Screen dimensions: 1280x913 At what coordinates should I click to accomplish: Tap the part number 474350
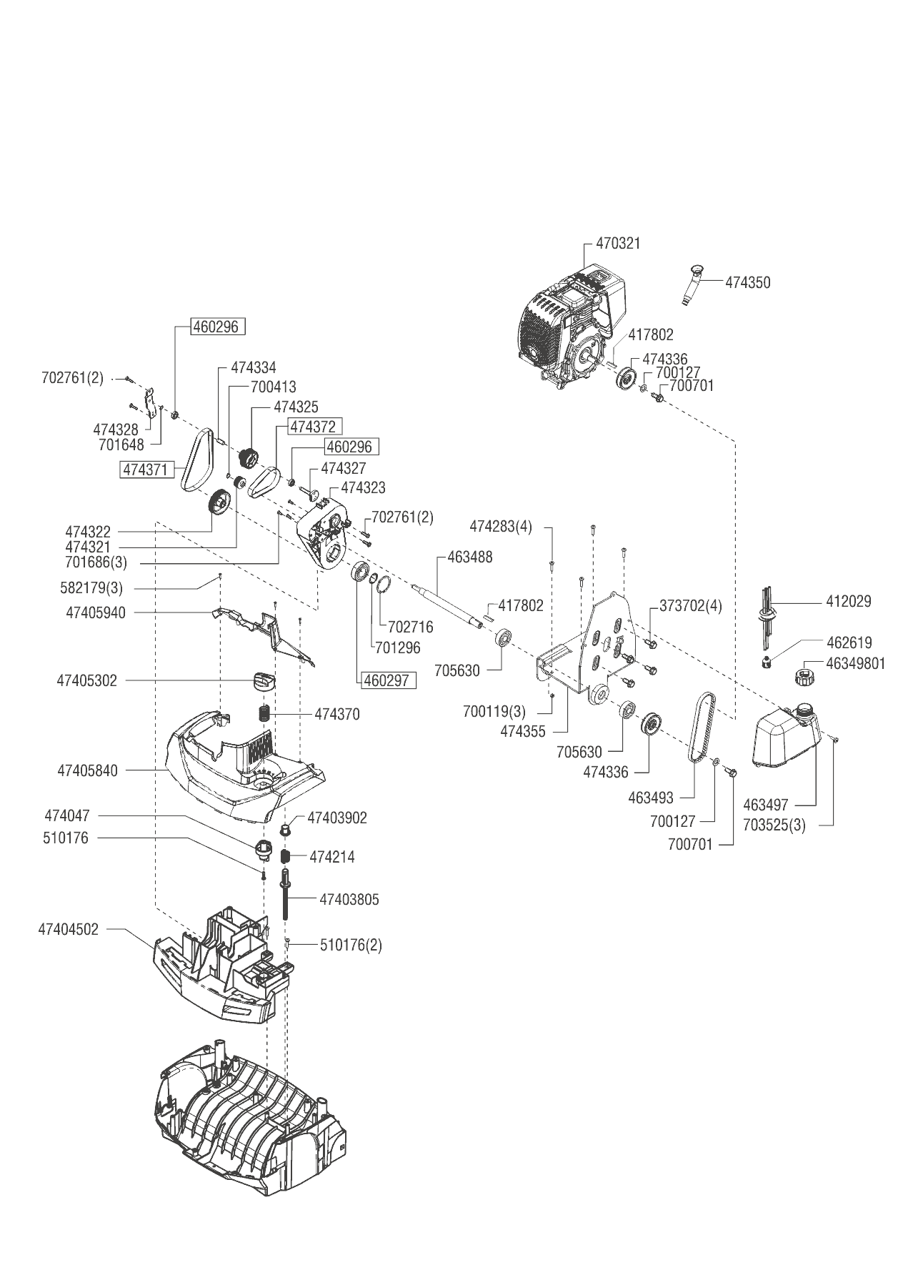click(x=747, y=282)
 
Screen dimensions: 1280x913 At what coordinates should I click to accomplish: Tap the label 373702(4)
click(x=690, y=606)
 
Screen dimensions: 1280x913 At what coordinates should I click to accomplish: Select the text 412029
click(x=848, y=602)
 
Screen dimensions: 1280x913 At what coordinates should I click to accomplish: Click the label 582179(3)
click(x=91, y=589)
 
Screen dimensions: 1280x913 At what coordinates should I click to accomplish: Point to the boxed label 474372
click(x=314, y=427)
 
